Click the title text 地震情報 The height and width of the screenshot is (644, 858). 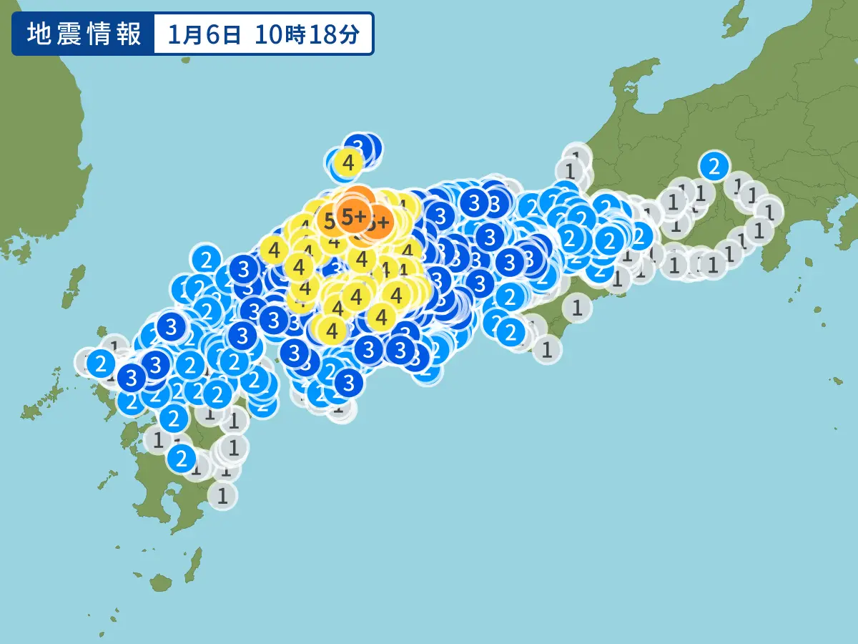pos(84,34)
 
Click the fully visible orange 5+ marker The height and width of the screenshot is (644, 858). pos(353,215)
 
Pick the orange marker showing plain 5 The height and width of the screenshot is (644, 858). pos(330,221)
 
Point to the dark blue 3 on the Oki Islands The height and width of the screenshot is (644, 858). pos(362,147)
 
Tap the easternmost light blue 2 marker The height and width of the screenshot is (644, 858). pos(713,167)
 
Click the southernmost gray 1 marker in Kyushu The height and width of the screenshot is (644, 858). pos(222,494)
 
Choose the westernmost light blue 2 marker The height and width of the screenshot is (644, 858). pos(101,364)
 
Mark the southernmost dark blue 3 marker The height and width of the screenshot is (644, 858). pos(348,383)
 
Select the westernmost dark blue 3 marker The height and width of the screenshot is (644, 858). pos(132,376)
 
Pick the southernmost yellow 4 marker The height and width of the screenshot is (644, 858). pos(331,331)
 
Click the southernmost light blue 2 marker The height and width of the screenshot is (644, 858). pos(182,456)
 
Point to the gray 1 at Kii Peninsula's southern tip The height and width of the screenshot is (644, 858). pos(547,350)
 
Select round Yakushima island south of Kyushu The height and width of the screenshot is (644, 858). pos(162,582)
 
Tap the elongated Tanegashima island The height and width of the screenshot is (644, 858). pos(193,566)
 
